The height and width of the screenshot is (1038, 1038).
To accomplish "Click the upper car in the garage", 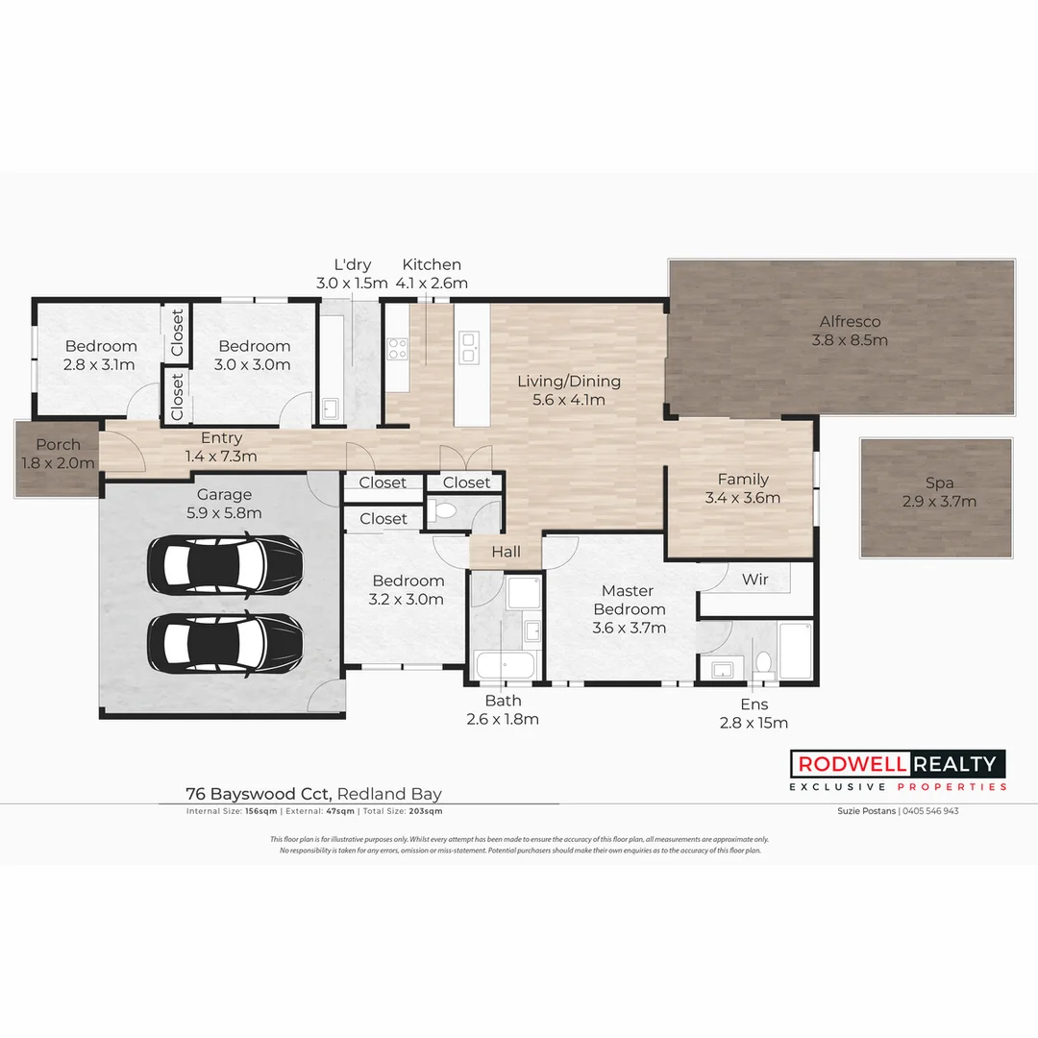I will pyautogui.click(x=225, y=563).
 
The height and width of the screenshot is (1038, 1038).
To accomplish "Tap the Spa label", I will pyautogui.click(x=939, y=483).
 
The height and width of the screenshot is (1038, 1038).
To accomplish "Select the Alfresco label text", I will pyautogui.click(x=850, y=322).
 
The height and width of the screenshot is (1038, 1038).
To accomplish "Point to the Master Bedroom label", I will pyautogui.click(x=629, y=600).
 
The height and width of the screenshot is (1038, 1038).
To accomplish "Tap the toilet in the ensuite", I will pyautogui.click(x=764, y=663).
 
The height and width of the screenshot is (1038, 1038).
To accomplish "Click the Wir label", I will pyautogui.click(x=754, y=580).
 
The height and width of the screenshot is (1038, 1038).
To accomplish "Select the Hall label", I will pyautogui.click(x=506, y=552).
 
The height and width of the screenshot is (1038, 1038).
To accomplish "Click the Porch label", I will pyautogui.click(x=59, y=445).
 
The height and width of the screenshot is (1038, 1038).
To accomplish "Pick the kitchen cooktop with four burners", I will pyautogui.click(x=398, y=348).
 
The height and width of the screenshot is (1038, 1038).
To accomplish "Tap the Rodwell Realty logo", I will pyautogui.click(x=898, y=764).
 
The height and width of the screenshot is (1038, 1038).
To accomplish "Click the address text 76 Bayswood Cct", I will pyautogui.click(x=259, y=794).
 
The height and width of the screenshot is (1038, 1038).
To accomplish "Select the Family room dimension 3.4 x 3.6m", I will pyautogui.click(x=742, y=498).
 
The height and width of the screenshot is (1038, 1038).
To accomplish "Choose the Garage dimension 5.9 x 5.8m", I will pyautogui.click(x=224, y=513).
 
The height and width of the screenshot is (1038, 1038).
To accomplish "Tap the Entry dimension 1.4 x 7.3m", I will pyautogui.click(x=221, y=456).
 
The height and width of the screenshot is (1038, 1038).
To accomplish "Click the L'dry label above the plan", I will pyautogui.click(x=352, y=265).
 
